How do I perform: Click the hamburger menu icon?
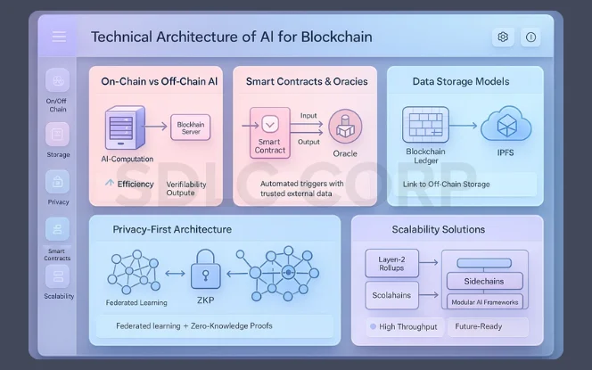click(59, 37)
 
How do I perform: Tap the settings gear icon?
click(503, 37)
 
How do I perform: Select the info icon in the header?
click(531, 37)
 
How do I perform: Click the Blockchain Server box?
click(190, 127)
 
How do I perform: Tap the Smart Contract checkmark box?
click(269, 122)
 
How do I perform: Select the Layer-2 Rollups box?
click(391, 262)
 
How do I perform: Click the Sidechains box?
click(484, 280)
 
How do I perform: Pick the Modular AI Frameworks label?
click(484, 302)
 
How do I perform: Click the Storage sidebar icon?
click(57, 135)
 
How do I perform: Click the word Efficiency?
click(136, 183)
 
